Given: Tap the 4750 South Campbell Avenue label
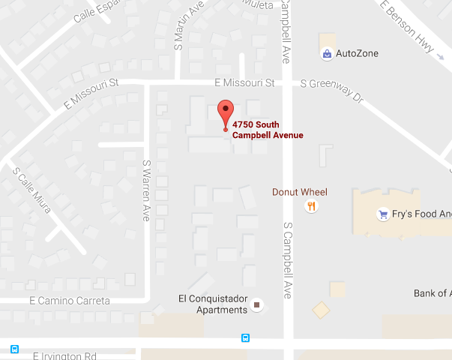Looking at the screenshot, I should pyautogui.click(x=267, y=130).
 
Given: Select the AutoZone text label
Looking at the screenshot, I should pyautogui.click(x=357, y=53).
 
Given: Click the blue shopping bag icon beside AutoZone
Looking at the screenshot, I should pyautogui.click(x=327, y=54).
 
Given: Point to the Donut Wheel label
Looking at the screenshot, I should pyautogui.click(x=299, y=192).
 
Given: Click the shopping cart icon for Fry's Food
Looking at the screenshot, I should pyautogui.click(x=383, y=213).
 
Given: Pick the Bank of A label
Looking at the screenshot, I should pyautogui.click(x=433, y=293).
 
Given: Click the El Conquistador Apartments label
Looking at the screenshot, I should pyautogui.click(x=212, y=303).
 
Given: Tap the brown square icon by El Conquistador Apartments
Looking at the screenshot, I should pyautogui.click(x=258, y=305).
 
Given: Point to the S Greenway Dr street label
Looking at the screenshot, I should pyautogui.click(x=331, y=91).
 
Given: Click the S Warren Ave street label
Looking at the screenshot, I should pyautogui.click(x=147, y=189).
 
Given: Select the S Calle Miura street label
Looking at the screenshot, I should pyautogui.click(x=31, y=189).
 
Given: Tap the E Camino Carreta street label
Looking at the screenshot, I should pyautogui.click(x=70, y=301).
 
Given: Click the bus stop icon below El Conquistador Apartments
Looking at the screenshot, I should pyautogui.click(x=245, y=337).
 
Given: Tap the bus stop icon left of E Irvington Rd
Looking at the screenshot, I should pyautogui.click(x=14, y=349).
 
